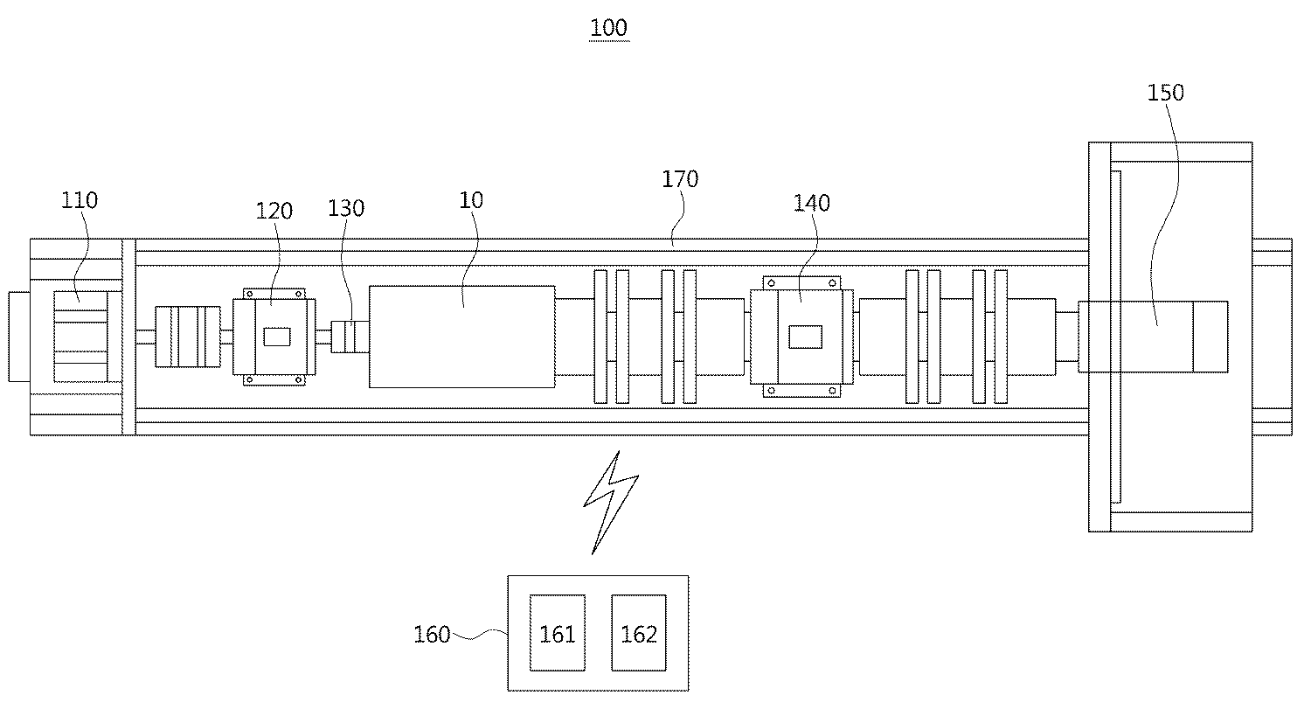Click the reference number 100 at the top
point(608,28)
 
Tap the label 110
point(80,200)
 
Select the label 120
point(274,211)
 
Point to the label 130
point(346,208)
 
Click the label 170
point(680,179)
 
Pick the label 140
point(811,203)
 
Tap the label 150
point(1165,93)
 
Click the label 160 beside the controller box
point(432,634)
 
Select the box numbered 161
point(558,634)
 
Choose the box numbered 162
point(638,634)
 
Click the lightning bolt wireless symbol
point(611,500)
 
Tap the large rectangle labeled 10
point(461,337)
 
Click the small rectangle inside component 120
point(277,337)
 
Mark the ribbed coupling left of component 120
point(187,337)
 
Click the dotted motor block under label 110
point(80,337)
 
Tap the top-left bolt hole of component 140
point(770,283)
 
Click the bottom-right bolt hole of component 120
point(300,379)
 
